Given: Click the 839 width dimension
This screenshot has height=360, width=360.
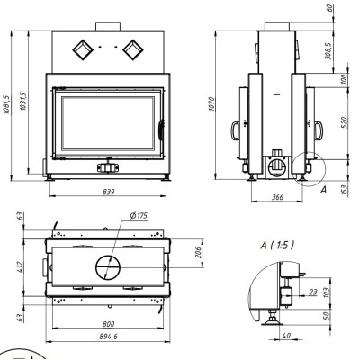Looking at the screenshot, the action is click(x=108, y=192).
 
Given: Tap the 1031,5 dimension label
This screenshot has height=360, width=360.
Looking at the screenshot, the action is click(x=23, y=102).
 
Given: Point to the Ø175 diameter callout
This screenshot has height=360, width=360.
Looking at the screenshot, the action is click(x=139, y=215).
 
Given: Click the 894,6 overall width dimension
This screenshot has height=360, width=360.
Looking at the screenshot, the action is click(x=108, y=337).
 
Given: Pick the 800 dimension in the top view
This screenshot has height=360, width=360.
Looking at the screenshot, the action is click(x=108, y=324).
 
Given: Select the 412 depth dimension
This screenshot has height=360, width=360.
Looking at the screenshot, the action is click(x=20, y=266).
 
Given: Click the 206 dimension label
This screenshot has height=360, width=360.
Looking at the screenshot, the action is click(x=198, y=253).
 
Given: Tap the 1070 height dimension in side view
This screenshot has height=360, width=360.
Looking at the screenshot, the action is click(x=211, y=103).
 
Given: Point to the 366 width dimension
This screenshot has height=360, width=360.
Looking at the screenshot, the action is click(x=277, y=197).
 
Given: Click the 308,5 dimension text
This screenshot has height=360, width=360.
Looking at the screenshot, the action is click(x=328, y=51).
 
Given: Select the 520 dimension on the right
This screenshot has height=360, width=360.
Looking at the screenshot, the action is click(x=345, y=122).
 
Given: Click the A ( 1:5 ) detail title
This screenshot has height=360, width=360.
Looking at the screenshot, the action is click(x=277, y=246).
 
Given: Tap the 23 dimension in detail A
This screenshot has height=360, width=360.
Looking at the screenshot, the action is click(x=313, y=292).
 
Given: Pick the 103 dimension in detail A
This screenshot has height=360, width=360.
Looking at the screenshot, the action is click(x=327, y=292).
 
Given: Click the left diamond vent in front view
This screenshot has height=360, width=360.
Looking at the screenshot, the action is click(x=83, y=49).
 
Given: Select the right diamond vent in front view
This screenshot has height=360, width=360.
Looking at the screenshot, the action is click(x=133, y=49).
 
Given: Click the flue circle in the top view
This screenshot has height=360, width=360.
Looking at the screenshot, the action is click(x=108, y=267).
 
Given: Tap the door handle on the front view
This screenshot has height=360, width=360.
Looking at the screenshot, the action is click(x=161, y=130).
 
